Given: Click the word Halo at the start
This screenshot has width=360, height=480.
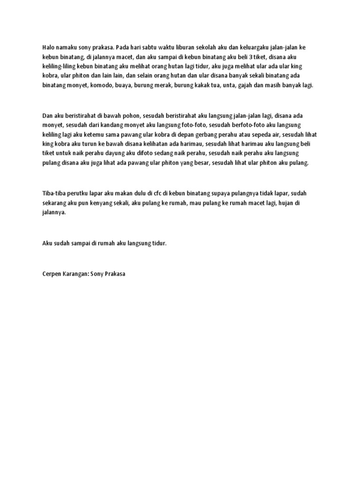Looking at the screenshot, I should point(49,48).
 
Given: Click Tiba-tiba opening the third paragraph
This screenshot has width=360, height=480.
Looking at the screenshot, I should point(55,193).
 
